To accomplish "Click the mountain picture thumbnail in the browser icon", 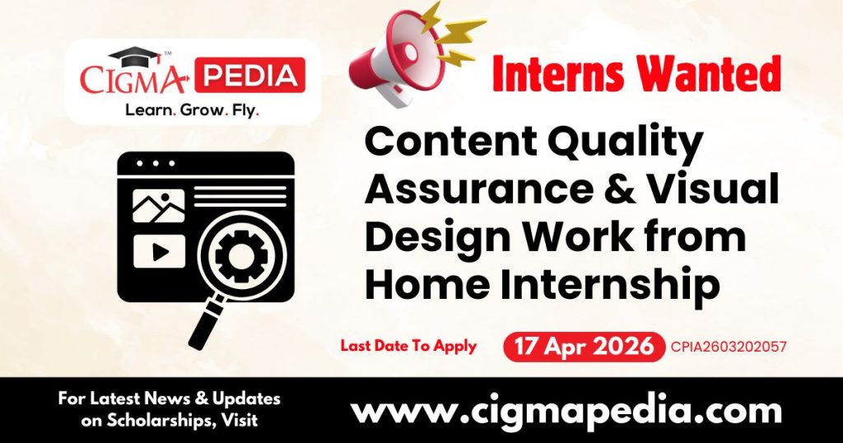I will tap(158, 206).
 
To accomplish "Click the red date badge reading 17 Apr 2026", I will tap(584, 346).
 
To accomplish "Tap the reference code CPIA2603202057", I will tap(729, 347).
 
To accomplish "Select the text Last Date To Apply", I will tap(408, 346).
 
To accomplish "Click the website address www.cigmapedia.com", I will tap(566, 410).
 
